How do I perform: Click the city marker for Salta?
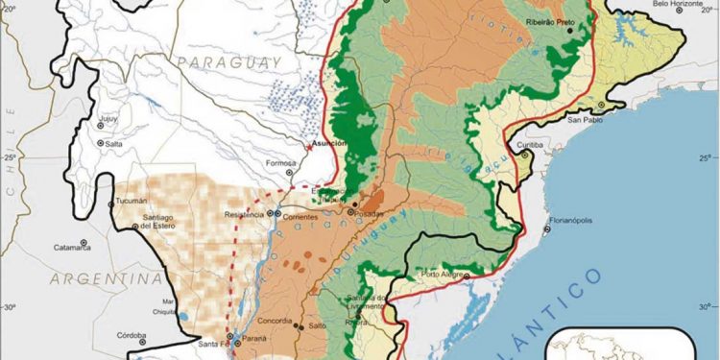click(x=100, y=143)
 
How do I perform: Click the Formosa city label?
click(x=281, y=162)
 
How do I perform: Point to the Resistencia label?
click(x=243, y=214)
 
